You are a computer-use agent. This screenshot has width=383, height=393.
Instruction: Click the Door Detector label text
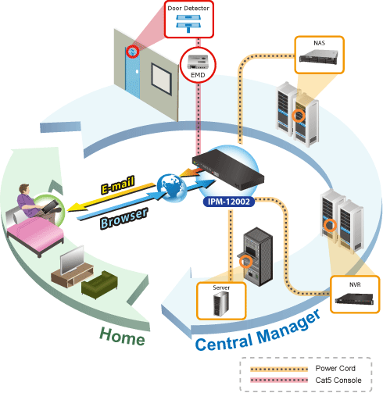(x=188, y=9)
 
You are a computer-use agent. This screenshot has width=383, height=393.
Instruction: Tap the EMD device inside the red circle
(x=198, y=62)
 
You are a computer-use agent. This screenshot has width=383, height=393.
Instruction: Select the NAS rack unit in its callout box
(x=319, y=56)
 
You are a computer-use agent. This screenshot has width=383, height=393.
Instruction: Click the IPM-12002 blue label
(x=229, y=202)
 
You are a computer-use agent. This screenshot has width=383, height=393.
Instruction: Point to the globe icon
(x=172, y=188)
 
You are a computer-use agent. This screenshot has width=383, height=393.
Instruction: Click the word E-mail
(x=118, y=184)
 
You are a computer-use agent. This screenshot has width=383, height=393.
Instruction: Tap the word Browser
(x=124, y=218)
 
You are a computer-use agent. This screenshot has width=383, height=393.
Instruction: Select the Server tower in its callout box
(x=221, y=304)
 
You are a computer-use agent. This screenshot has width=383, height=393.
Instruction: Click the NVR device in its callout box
(x=354, y=298)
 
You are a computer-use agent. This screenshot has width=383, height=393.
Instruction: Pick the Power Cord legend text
(x=335, y=368)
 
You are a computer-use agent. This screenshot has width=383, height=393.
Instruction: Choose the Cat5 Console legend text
(x=338, y=380)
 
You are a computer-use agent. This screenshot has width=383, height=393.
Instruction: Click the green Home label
(x=122, y=337)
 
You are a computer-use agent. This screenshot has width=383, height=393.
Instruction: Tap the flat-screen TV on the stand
(x=72, y=260)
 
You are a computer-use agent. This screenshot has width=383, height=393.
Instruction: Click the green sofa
(x=99, y=284)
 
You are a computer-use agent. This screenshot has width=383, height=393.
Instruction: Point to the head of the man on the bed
(x=24, y=189)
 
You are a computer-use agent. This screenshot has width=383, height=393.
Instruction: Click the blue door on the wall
(x=133, y=73)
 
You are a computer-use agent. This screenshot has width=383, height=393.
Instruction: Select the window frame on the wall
(x=162, y=79)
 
